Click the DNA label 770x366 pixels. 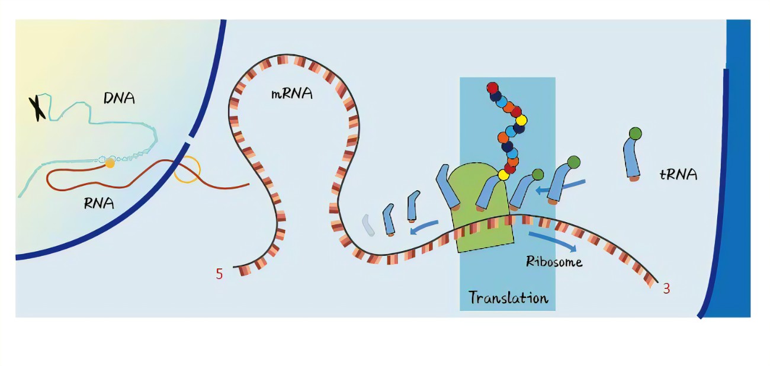[118, 97]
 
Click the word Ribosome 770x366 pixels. [554, 261]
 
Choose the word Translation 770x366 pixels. [508, 297]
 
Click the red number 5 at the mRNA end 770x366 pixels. [219, 274]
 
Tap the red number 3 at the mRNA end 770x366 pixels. [666, 289]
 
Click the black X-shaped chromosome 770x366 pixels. [38, 108]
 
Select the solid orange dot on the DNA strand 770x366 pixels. [110, 163]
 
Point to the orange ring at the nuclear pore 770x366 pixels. [187, 169]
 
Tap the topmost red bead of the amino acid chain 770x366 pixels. [492, 88]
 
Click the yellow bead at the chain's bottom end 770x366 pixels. [503, 175]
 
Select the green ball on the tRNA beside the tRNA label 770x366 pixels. [635, 133]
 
